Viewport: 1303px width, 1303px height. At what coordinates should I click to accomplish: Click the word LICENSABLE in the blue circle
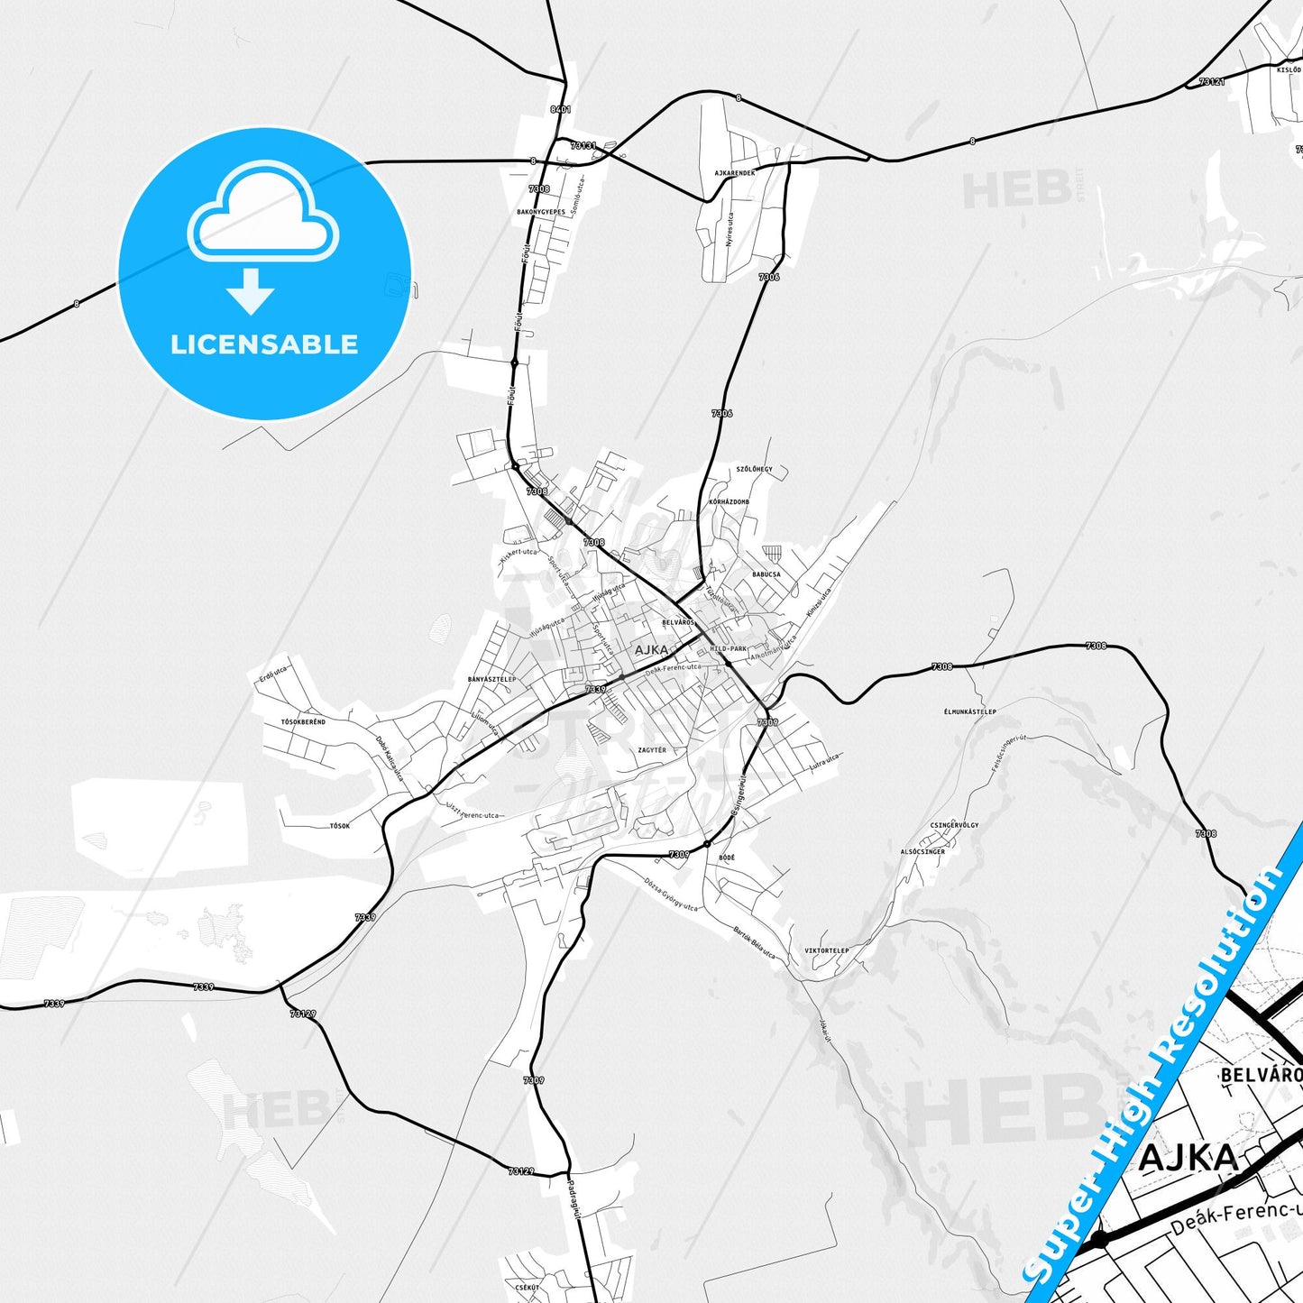coord(264,344)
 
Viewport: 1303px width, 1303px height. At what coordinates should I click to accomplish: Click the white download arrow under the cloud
coord(251,291)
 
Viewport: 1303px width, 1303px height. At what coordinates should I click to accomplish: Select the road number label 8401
coord(560,109)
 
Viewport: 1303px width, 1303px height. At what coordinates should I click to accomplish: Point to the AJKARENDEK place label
coord(735,172)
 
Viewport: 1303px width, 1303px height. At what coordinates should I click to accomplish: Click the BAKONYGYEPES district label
coord(541,212)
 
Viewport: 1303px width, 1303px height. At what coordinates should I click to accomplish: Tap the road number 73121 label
coord(1212,81)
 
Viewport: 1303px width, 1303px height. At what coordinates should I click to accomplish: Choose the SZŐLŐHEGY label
coord(754,469)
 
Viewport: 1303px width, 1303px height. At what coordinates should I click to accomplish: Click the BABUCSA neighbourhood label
coord(766,574)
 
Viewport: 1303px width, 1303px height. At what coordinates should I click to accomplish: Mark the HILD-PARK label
coord(729,648)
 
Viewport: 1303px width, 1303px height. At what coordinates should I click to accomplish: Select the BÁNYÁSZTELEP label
coord(491,679)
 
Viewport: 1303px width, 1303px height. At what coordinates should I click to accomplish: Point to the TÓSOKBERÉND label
coord(303,721)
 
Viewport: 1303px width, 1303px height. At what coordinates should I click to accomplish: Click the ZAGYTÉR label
coord(652,749)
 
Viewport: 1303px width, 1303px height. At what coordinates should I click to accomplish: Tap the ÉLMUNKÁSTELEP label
coord(969,711)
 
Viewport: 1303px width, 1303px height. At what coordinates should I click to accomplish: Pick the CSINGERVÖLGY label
coord(954,824)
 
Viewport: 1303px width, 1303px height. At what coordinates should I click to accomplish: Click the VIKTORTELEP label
coord(826,950)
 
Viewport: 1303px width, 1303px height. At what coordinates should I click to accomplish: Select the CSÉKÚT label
coord(528,1287)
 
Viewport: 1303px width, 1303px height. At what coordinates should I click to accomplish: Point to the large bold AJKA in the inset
coord(1188,1158)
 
